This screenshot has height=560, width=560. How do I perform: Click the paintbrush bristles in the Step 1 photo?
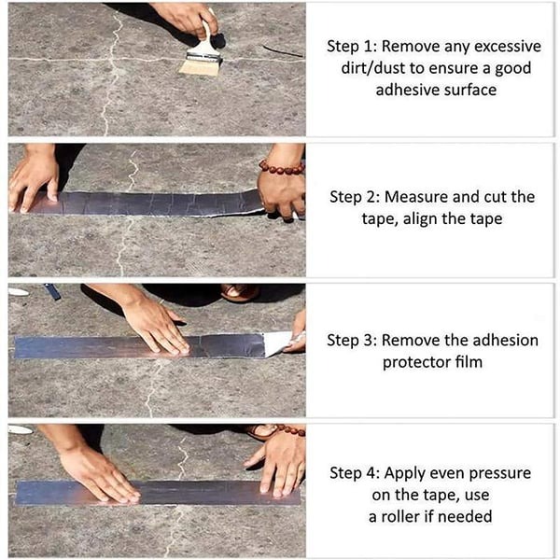tap(198, 65)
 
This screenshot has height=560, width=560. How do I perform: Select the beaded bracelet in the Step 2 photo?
tap(281, 168)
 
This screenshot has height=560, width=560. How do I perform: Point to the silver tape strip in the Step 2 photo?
tap(149, 202)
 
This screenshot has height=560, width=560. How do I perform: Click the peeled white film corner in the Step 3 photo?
tap(278, 343)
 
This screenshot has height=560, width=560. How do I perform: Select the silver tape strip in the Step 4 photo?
tap(159, 492)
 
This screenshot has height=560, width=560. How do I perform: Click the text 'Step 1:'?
tap(352, 46)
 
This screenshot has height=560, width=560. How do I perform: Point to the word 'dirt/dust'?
tap(373, 68)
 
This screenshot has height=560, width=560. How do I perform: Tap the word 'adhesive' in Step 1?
tap(408, 91)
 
